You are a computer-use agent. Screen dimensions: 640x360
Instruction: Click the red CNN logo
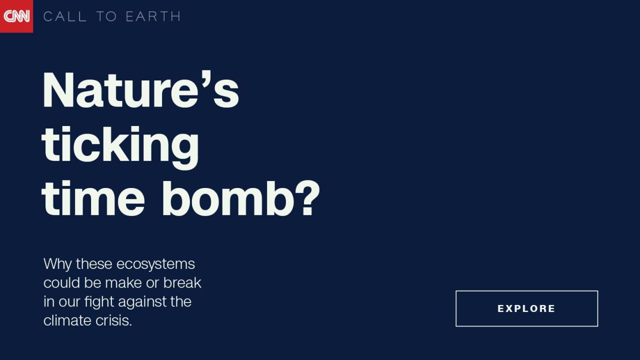(16, 16)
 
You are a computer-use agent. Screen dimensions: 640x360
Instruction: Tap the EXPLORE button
(526, 308)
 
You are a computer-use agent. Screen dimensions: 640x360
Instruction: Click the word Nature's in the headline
(140, 89)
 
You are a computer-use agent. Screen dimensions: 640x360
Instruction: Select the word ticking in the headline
(120, 147)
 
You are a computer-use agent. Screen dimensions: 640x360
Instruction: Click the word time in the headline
(93, 198)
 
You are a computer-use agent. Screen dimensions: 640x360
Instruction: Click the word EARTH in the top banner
(153, 16)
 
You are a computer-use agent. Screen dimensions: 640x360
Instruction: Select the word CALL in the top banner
(65, 16)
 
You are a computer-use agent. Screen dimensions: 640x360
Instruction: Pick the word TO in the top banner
(106, 16)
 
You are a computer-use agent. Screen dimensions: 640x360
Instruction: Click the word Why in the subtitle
(57, 264)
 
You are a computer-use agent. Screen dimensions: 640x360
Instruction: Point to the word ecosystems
(155, 264)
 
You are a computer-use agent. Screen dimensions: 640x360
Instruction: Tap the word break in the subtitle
(182, 282)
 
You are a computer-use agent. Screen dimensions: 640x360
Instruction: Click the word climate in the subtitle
(67, 320)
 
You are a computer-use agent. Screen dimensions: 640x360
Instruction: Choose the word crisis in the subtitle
(113, 320)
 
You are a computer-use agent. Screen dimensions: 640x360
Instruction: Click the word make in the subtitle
(123, 282)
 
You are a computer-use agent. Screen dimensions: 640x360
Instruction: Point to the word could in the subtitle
(61, 282)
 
